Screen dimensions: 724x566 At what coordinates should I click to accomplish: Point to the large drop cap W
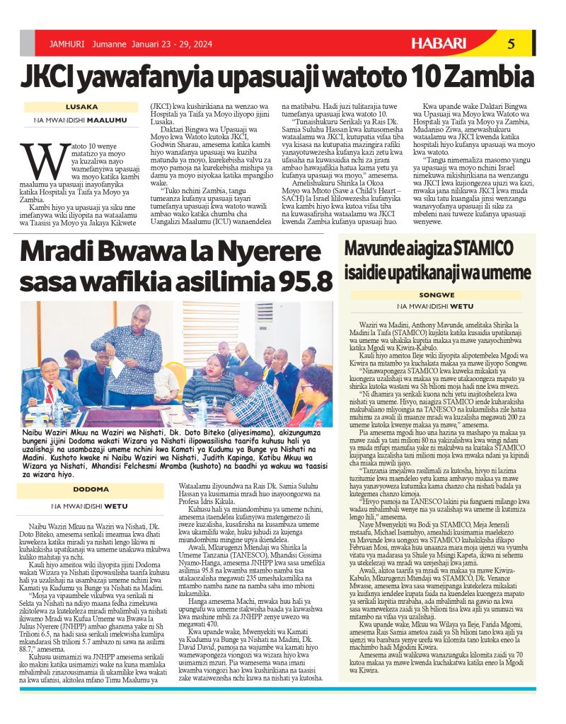[x=37, y=159]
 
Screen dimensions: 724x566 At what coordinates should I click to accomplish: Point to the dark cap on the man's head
[x=248, y=373]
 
